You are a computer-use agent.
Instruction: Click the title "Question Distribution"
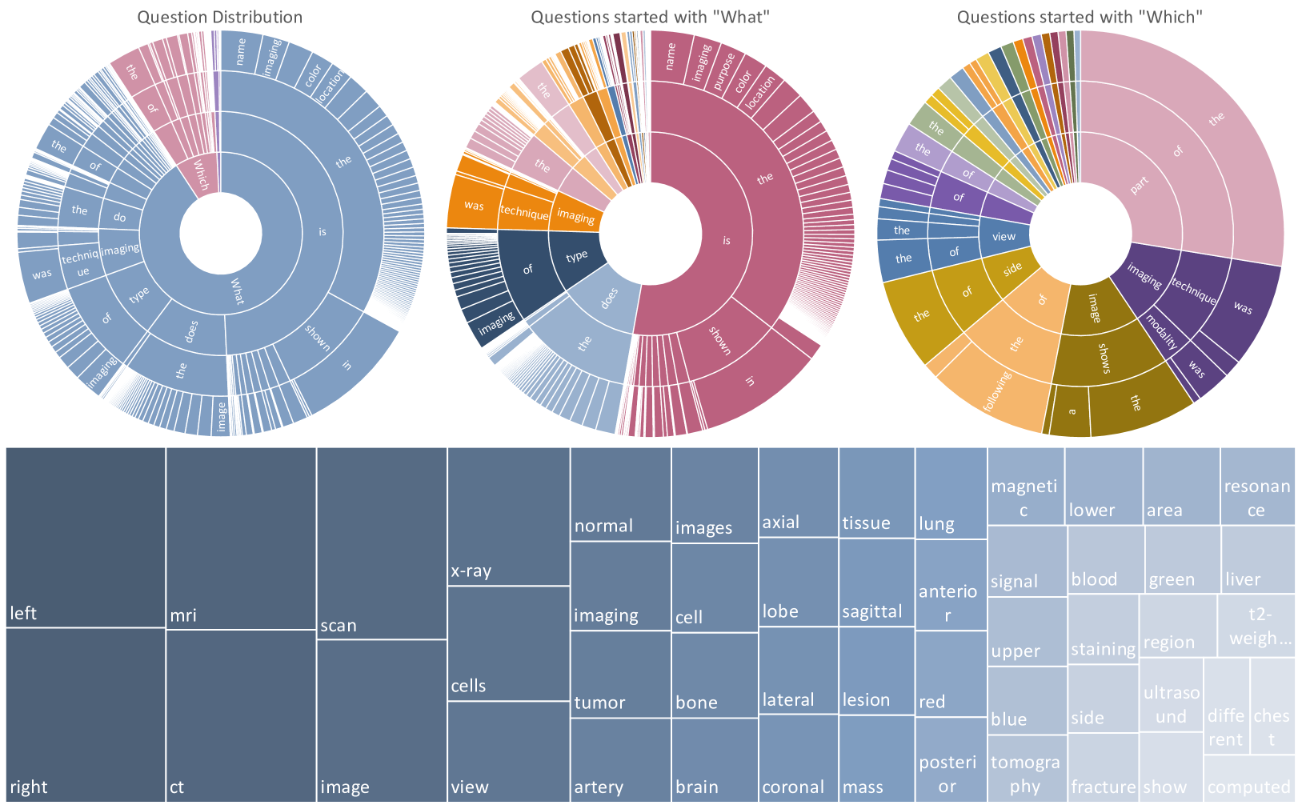(x=219, y=17)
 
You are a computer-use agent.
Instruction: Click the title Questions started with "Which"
(x=1080, y=17)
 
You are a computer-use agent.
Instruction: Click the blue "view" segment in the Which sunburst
(x=1004, y=236)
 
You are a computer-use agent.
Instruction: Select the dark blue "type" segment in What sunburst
(x=576, y=257)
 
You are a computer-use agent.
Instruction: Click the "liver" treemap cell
(x=1258, y=559)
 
